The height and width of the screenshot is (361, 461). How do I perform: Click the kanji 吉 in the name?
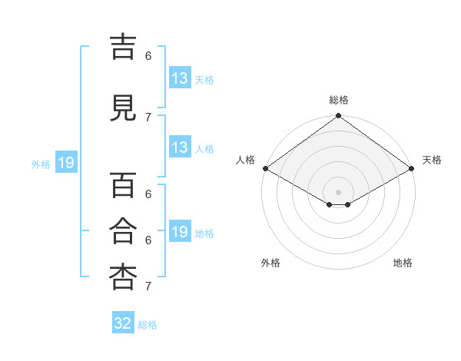(x=123, y=48)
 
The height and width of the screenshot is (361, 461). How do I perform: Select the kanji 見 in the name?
(x=123, y=108)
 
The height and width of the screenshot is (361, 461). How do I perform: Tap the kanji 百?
(x=123, y=185)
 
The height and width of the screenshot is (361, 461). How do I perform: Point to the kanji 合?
(x=123, y=230)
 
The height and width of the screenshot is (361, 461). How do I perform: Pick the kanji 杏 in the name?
(x=123, y=277)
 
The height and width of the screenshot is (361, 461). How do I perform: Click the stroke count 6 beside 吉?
(x=148, y=56)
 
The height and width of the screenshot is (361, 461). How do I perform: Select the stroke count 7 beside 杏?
(x=148, y=286)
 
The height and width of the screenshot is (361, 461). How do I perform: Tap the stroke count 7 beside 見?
(x=148, y=118)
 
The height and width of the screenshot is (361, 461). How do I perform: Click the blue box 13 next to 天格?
(x=181, y=78)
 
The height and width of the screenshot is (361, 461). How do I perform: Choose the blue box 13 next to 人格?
(x=181, y=147)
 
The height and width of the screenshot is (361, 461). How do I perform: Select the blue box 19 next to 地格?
(x=181, y=230)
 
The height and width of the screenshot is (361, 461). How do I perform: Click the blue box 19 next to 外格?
(x=66, y=162)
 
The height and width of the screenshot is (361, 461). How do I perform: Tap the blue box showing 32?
(x=123, y=322)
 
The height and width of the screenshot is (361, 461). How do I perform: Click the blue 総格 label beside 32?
(x=148, y=325)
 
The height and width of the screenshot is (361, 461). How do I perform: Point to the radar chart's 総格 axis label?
(x=339, y=100)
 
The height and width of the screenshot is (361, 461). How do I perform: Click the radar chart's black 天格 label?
(x=432, y=160)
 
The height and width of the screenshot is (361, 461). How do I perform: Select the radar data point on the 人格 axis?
(x=266, y=168)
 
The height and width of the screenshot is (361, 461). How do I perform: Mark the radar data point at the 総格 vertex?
(x=338, y=115)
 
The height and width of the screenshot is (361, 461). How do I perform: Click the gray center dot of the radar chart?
(x=338, y=192)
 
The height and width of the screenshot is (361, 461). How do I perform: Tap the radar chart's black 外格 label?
(x=270, y=263)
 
